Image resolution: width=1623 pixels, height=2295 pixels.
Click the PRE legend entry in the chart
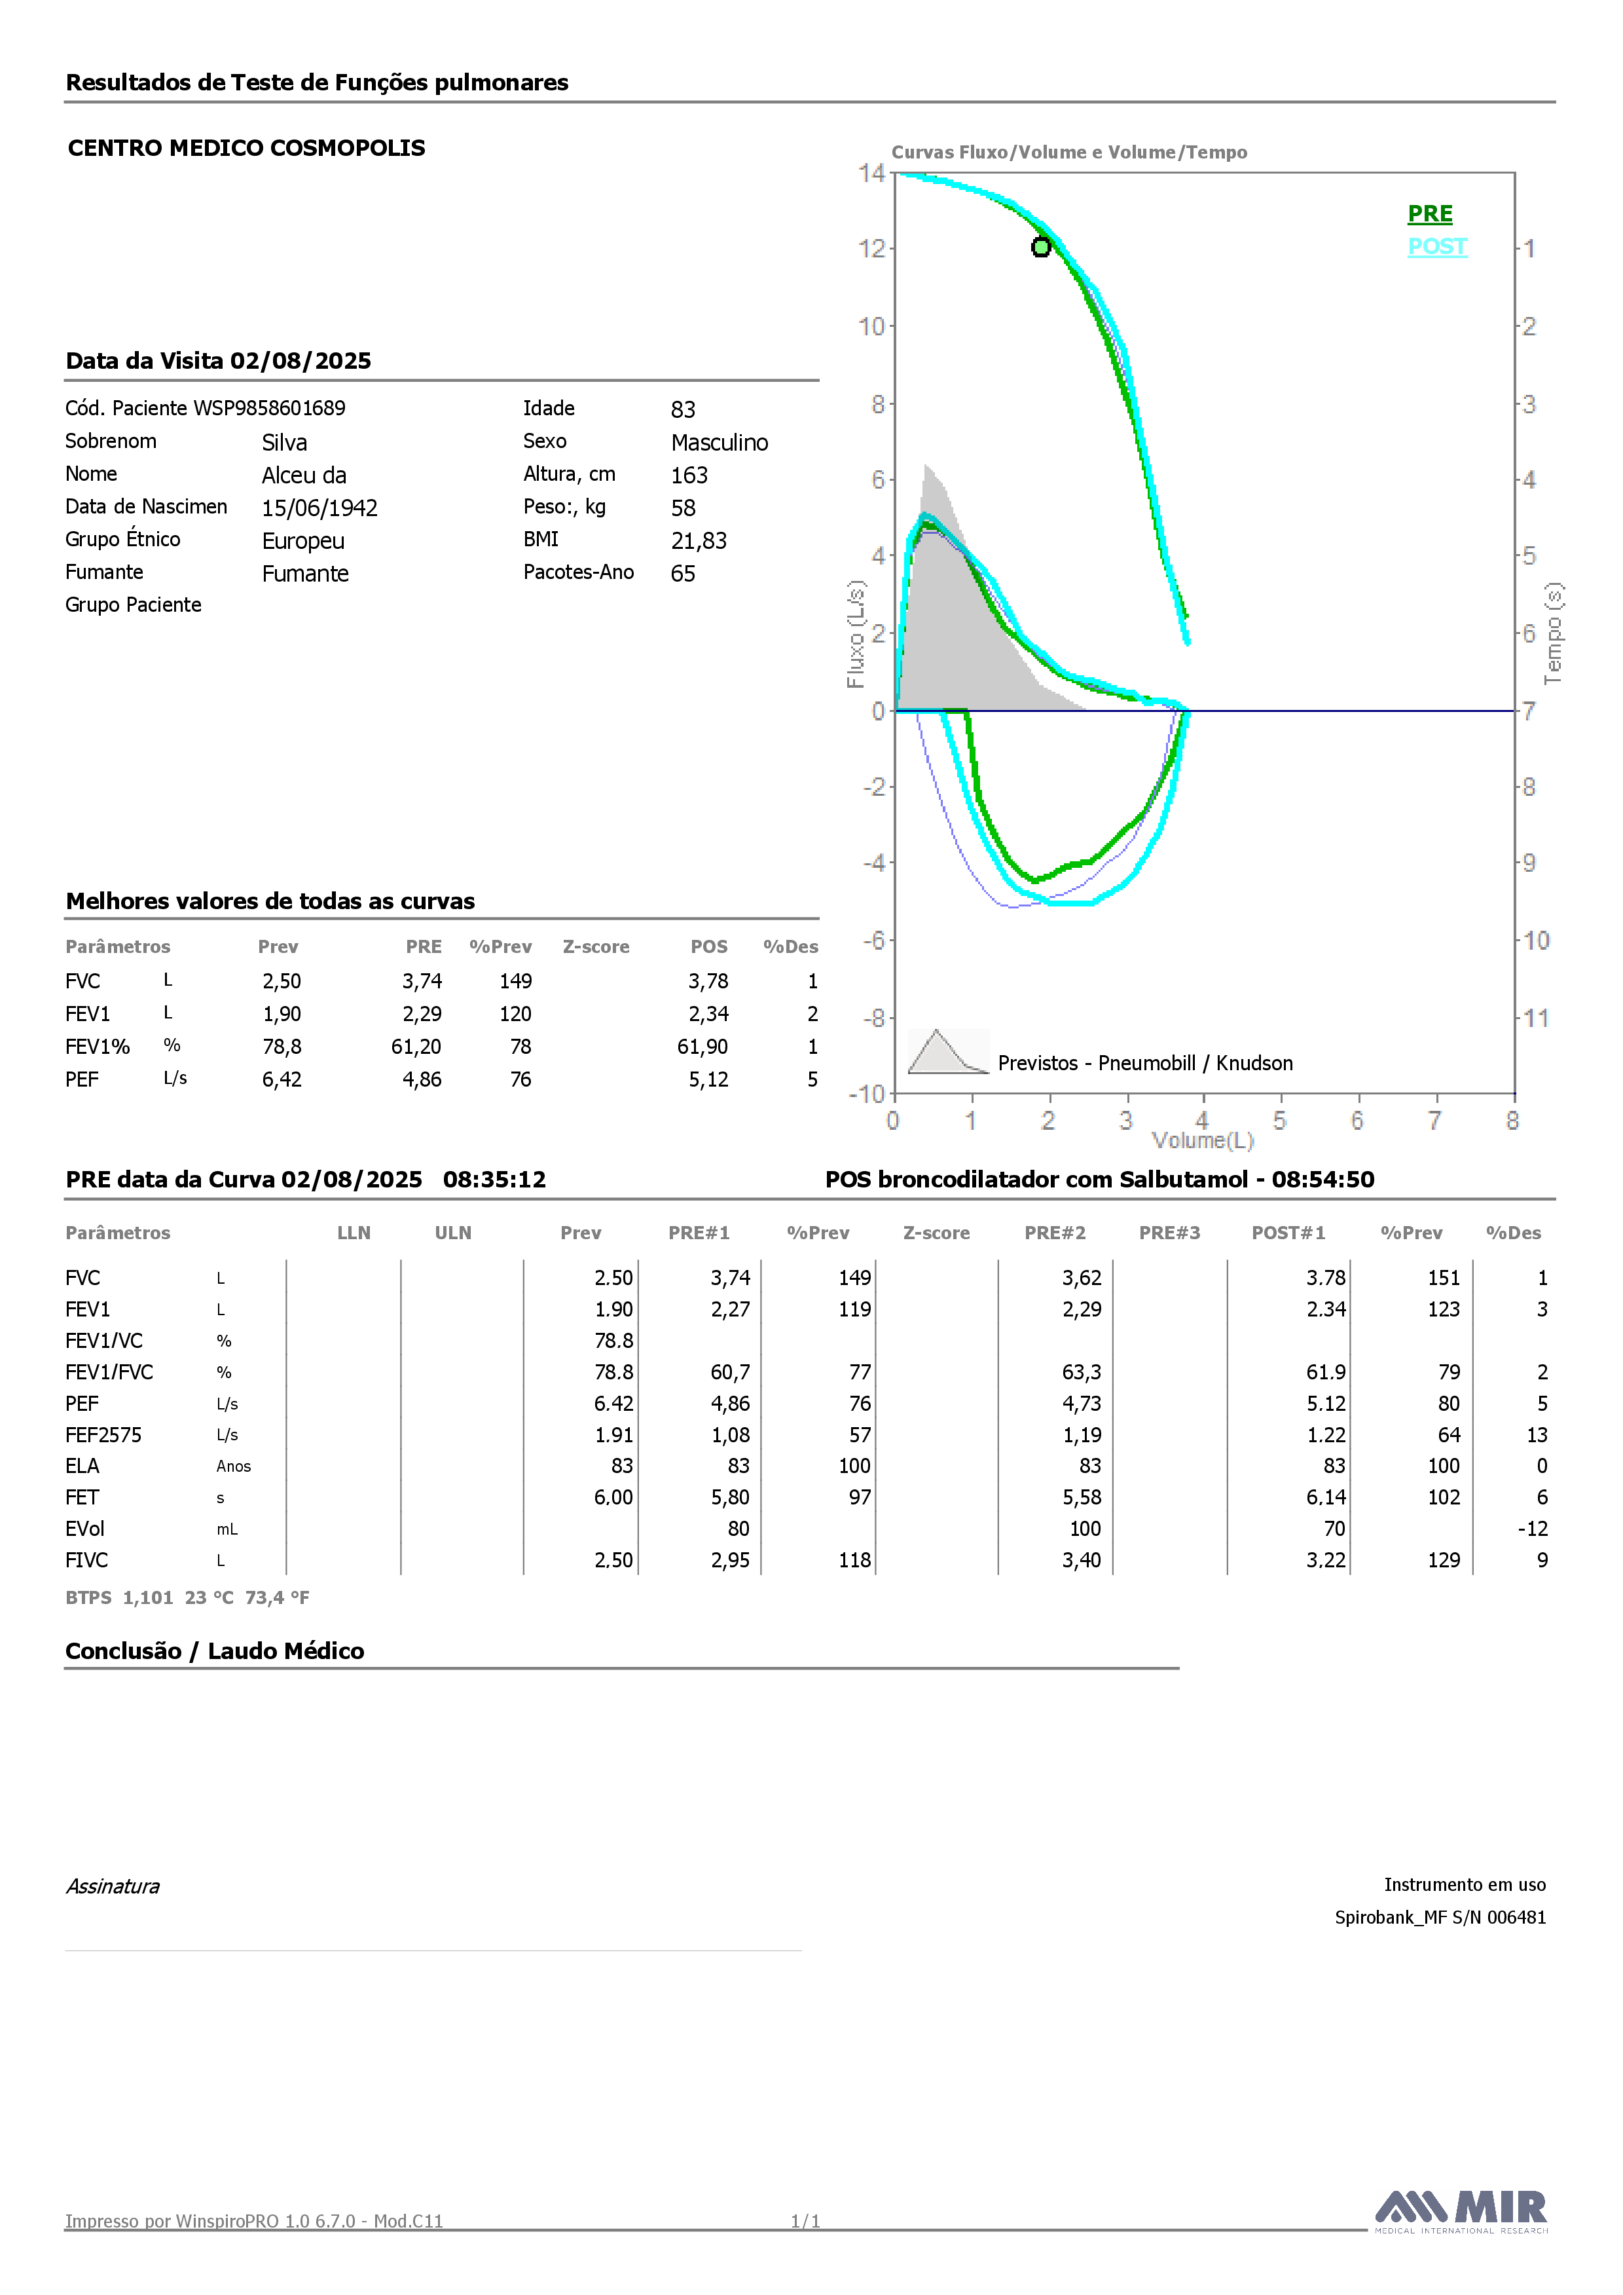(1430, 214)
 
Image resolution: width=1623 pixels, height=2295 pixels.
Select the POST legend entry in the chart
(1437, 247)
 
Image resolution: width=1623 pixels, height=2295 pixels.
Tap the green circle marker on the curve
(1040, 247)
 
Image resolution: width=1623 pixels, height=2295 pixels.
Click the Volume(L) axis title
(1202, 1140)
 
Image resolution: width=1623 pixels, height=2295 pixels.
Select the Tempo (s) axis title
(1553, 634)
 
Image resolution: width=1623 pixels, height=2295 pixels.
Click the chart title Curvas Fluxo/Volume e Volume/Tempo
(1069, 152)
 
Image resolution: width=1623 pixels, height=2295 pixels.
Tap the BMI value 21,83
(699, 541)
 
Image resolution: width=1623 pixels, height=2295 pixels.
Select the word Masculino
(720, 443)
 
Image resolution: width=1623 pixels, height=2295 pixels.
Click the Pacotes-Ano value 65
(683, 574)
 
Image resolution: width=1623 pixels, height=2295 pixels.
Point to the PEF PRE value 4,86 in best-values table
(422, 1079)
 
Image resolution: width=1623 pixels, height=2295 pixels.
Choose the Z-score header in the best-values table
(596, 946)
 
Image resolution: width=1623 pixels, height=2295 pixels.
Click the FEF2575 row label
(104, 1436)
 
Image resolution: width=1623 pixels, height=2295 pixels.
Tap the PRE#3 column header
(1169, 1233)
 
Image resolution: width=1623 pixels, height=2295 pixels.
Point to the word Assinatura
(113, 1886)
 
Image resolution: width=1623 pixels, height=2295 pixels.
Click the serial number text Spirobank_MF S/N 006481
(1440, 1917)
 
